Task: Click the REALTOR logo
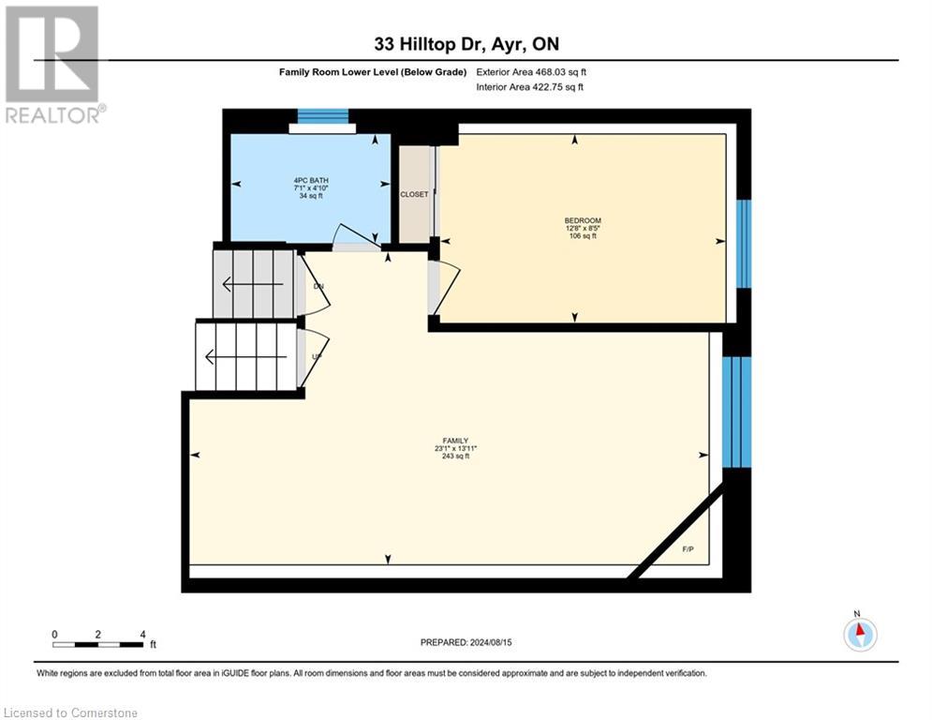[x=53, y=64]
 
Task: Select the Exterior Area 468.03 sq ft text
[x=531, y=72]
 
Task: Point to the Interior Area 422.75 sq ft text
[x=530, y=87]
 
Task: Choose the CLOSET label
[x=413, y=195]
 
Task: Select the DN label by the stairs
[x=318, y=285]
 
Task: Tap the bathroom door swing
[x=357, y=237]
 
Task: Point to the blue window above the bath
[x=322, y=117]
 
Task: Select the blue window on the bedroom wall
[x=743, y=244]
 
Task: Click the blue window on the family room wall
[x=737, y=411]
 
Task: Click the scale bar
[x=98, y=645]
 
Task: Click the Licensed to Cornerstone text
[x=71, y=712]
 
